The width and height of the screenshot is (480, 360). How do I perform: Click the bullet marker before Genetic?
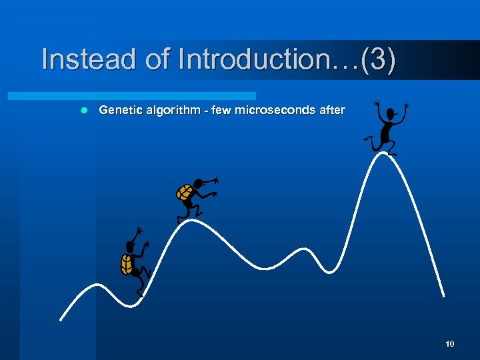coord(83,110)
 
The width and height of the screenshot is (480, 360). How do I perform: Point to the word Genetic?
coord(121,110)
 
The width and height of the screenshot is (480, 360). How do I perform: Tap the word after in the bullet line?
coord(332,110)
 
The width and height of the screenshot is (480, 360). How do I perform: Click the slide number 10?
coord(449,344)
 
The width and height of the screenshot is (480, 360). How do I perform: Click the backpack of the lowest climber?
coord(126,264)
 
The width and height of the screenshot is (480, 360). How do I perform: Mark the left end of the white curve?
coord(61,319)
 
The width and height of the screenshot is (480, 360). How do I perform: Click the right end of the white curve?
coord(444,296)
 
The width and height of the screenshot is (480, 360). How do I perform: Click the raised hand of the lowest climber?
coord(138,231)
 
